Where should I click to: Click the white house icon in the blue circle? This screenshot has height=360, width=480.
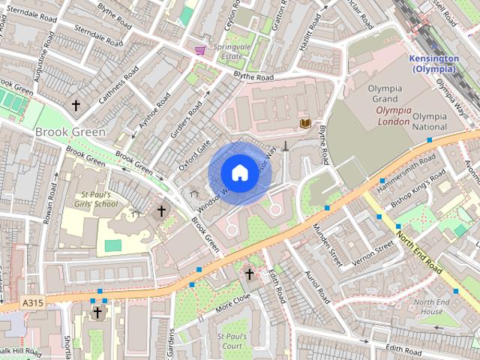(x=238, y=172)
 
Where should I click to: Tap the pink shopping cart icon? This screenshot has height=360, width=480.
(x=200, y=50)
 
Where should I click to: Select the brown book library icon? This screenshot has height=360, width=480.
(x=305, y=123)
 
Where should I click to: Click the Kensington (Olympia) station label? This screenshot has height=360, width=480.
(x=433, y=64)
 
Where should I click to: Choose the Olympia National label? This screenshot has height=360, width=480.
(x=430, y=121)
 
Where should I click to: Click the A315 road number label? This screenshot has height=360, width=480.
(x=32, y=302)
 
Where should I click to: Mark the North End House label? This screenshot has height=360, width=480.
(x=432, y=306)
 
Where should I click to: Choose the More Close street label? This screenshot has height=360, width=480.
(x=232, y=302)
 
